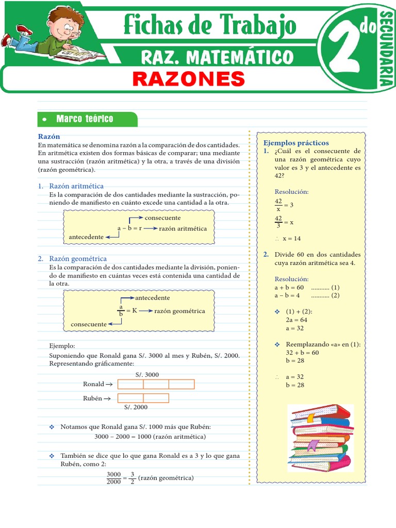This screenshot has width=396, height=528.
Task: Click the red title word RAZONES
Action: point(188,79)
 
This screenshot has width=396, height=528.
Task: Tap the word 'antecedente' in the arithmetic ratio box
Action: point(86,237)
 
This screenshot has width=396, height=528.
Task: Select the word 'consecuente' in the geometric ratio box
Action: point(88,324)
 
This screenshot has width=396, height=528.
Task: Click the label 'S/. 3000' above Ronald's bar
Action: point(147,375)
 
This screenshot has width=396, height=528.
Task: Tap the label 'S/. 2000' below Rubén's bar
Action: point(136,407)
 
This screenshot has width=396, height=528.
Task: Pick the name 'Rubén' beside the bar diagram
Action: point(93,398)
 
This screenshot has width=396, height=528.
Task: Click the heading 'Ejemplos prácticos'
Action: point(296,143)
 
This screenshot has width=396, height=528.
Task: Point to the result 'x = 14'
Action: point(291,239)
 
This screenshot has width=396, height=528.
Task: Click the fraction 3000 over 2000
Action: point(113,478)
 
